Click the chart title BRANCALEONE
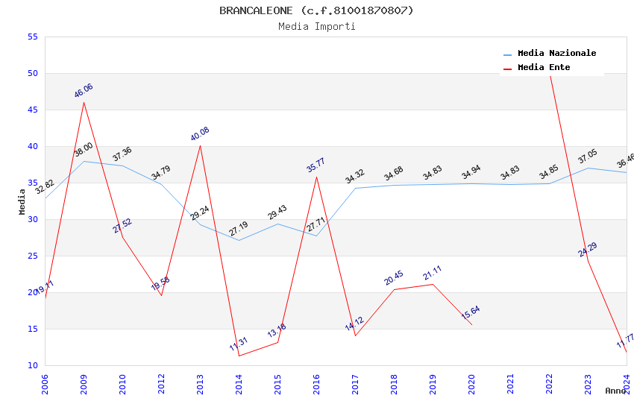tap(316, 10)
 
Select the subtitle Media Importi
tap(316, 27)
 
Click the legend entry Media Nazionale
tap(556, 53)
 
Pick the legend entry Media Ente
tap(544, 67)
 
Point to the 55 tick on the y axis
tap(32, 37)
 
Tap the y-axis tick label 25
tap(32, 256)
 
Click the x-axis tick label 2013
tap(200, 385)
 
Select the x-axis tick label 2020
tap(471, 385)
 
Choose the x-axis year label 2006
tap(45, 385)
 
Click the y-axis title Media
tap(22, 201)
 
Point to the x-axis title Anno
tap(615, 391)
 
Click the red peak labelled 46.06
tap(84, 102)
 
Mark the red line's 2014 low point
tap(239, 356)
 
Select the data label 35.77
tap(316, 165)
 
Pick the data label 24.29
tap(588, 250)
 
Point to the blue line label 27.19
tap(239, 229)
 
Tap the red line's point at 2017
tap(355, 335)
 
